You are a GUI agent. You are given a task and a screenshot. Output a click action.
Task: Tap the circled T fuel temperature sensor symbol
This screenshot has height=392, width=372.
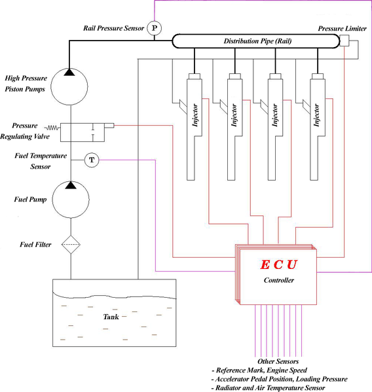pos(92,160)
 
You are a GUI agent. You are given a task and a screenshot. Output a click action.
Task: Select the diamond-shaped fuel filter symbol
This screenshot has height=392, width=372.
pos(70,246)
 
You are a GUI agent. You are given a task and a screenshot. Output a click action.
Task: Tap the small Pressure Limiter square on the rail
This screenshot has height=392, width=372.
pos(344,42)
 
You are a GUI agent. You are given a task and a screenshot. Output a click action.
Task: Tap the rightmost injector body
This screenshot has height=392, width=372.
pos(317,124)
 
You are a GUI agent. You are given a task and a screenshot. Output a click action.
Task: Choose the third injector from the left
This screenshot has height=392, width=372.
pos(276,124)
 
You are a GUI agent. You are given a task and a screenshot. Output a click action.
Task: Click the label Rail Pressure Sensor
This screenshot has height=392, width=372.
pos(113,29)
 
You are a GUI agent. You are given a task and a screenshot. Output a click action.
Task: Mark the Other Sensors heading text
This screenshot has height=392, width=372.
pos(279,361)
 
